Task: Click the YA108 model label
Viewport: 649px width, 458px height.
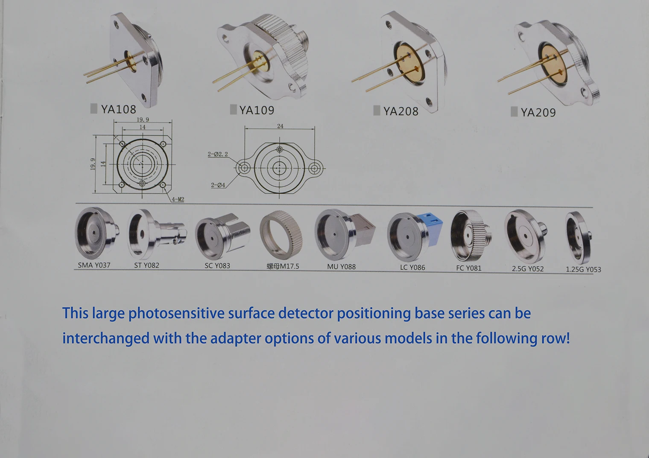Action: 118,109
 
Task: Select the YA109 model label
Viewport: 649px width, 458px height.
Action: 257,110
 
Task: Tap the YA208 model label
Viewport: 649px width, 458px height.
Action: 401,111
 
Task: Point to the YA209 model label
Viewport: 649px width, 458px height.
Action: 538,112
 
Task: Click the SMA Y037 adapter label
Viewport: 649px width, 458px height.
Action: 94,265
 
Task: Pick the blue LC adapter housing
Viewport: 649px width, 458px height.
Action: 430,228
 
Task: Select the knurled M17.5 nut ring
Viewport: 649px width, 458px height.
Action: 281,235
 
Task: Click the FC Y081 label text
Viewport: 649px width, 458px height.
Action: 468,268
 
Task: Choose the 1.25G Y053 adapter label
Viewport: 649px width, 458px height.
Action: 583,269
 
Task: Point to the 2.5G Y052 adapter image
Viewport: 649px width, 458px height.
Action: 525,236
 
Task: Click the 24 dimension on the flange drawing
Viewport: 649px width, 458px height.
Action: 280,126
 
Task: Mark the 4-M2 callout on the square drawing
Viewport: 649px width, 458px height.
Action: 178,199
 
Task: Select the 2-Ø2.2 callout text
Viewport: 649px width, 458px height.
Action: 218,154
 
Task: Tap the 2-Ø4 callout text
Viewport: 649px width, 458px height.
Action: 218,185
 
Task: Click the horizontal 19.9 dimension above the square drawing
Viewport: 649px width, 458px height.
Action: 143,120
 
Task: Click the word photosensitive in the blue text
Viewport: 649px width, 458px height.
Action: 176,314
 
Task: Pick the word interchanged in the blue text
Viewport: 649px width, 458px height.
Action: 106,338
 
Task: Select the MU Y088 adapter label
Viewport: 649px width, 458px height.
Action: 341,267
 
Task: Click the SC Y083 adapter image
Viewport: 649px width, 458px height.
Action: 222,236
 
